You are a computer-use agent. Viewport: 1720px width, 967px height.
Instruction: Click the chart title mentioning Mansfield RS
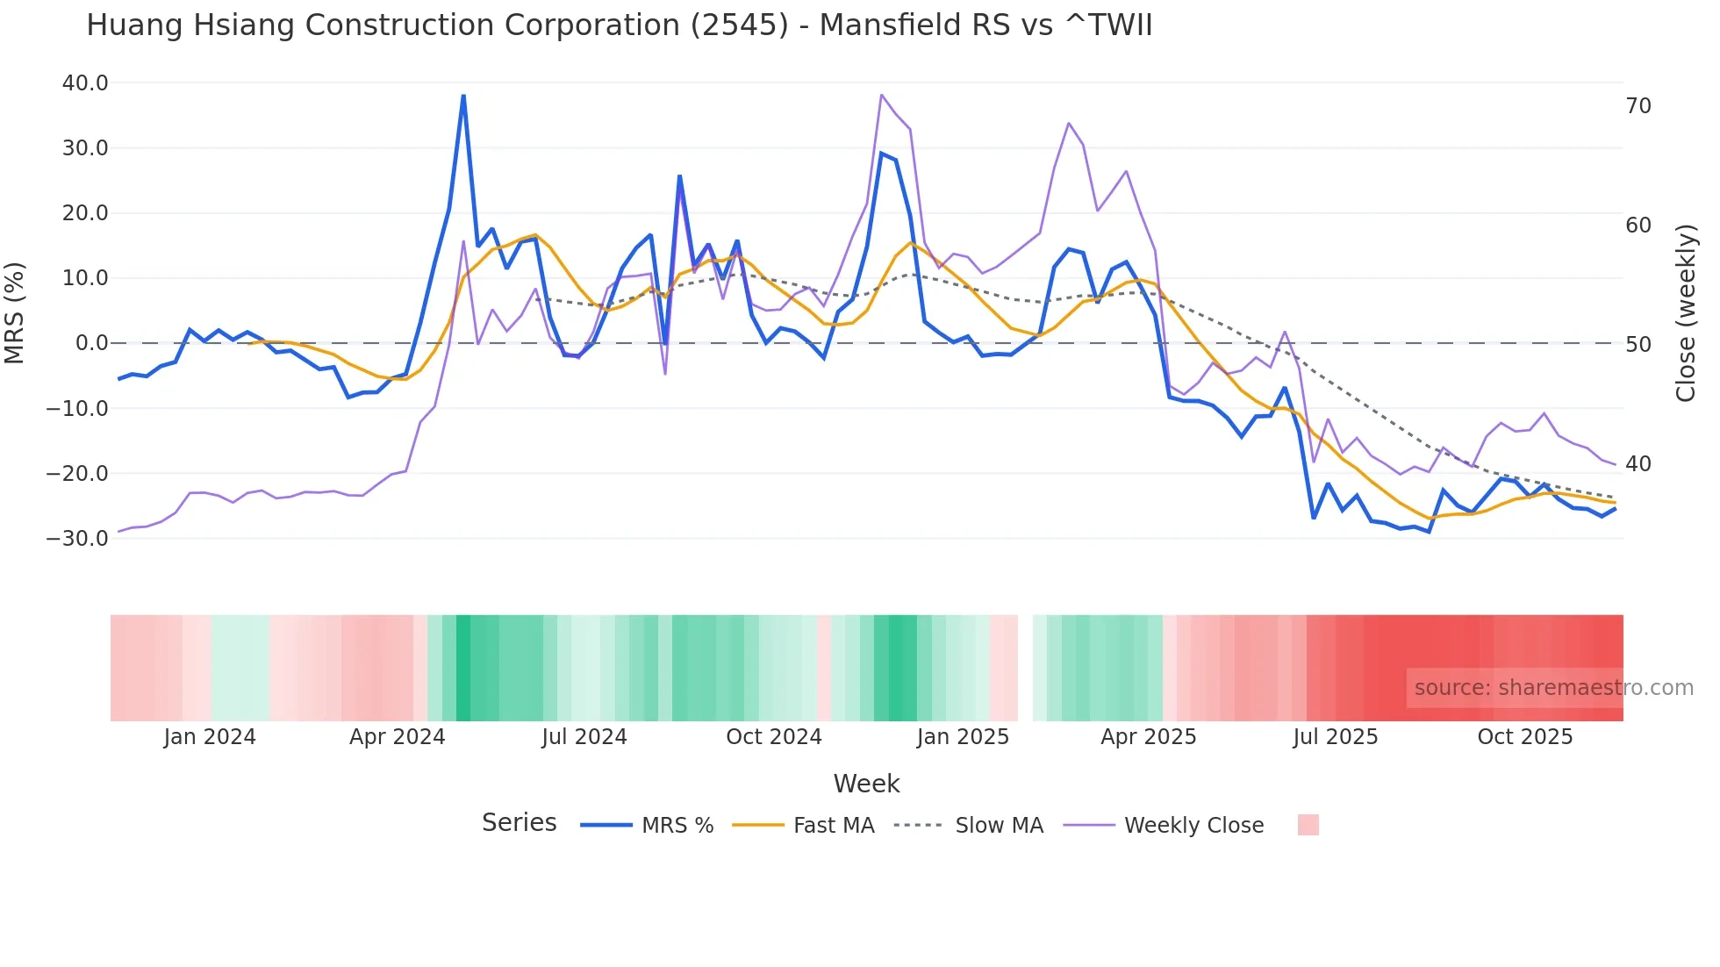coord(619,25)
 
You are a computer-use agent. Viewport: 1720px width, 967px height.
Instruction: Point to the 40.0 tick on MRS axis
coord(85,83)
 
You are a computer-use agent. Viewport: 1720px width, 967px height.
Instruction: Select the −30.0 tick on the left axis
coord(77,539)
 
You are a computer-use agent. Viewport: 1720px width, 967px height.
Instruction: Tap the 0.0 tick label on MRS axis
coord(91,343)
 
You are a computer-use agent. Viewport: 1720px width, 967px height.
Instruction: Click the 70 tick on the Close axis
coord(1638,106)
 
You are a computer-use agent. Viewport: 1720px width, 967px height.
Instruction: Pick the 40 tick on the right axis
coord(1638,464)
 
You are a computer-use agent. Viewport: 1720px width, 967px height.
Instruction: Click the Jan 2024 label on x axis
coord(210,737)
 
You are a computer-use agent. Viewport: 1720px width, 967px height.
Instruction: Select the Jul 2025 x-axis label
coord(1335,737)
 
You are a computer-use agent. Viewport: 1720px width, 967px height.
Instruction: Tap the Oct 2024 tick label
coord(773,737)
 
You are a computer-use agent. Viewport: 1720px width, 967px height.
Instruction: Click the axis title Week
coord(866,784)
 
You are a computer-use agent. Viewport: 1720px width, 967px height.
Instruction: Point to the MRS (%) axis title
coord(15,312)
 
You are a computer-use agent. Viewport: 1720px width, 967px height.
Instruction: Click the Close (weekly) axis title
coord(1685,313)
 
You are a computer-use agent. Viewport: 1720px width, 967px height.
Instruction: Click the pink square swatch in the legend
coord(1308,825)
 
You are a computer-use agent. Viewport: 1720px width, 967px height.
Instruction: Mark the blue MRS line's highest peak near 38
coord(463,96)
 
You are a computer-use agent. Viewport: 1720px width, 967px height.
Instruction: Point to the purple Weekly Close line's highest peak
coord(881,95)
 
